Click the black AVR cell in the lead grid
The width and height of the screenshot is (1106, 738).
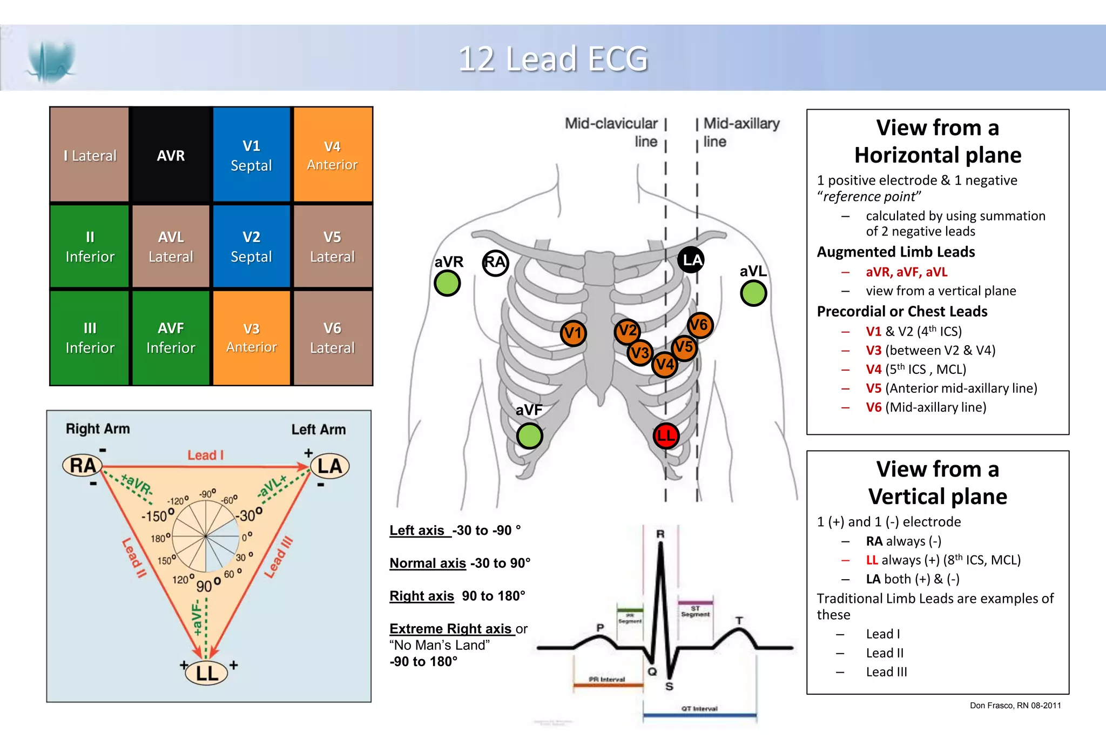pos(171,155)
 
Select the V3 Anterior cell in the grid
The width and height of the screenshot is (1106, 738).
pos(252,338)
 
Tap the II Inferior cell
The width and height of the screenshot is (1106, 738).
pos(90,246)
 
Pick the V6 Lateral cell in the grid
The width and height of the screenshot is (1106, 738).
pos(332,338)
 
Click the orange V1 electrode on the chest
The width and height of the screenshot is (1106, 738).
pos(572,333)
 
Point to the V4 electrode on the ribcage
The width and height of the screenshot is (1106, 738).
pos(664,364)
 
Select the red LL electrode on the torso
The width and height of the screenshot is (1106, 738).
pos(665,435)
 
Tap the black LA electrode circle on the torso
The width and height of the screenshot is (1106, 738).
pos(691,260)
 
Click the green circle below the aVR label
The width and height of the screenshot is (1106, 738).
pos(447,283)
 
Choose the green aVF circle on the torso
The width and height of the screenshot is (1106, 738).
pos(529,436)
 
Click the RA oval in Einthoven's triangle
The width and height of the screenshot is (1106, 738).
pos(83,466)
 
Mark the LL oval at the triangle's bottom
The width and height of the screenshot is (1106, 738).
pos(207,673)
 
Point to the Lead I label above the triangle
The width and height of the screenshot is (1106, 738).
pos(205,455)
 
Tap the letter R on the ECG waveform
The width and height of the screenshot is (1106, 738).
pos(660,534)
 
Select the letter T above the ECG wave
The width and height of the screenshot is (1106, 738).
pos(739,621)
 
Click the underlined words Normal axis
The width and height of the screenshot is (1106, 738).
pos(428,563)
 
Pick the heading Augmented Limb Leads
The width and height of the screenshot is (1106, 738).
pos(895,252)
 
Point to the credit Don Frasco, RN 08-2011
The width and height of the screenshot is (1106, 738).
pos(1015,705)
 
